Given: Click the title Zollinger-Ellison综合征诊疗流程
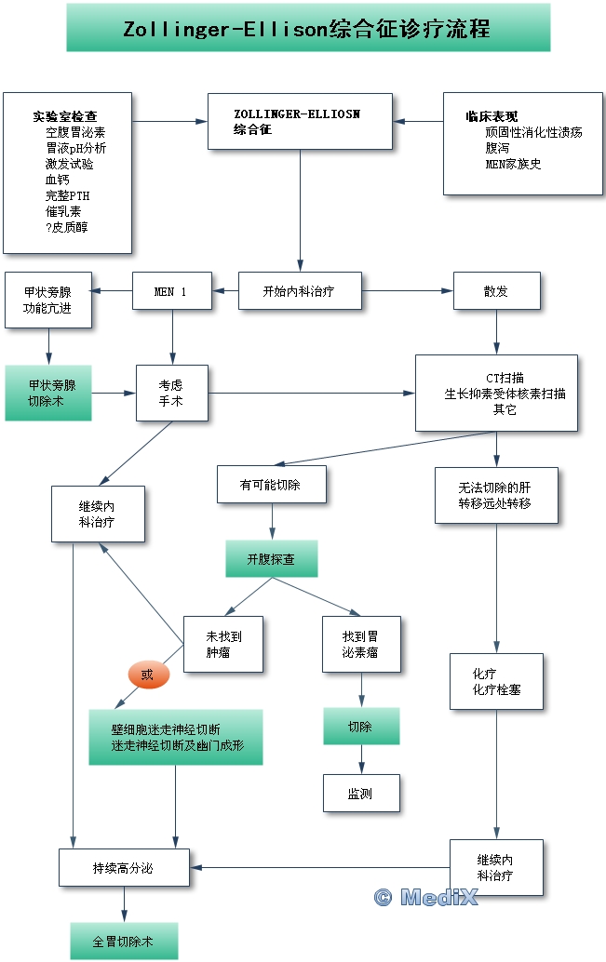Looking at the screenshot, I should (x=307, y=29).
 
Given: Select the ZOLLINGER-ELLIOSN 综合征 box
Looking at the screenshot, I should (x=300, y=121).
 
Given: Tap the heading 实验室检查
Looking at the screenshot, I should (x=64, y=116).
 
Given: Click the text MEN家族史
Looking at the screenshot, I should (x=513, y=164).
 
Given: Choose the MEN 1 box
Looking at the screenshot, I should (x=171, y=291).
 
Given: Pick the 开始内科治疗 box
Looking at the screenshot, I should (x=299, y=291).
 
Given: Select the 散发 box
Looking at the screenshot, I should (x=495, y=291).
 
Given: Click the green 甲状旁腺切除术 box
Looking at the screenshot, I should (x=48, y=393).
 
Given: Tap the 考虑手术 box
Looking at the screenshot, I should (x=171, y=393).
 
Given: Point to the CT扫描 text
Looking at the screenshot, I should (x=505, y=378).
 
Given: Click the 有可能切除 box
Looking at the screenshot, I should (x=271, y=485).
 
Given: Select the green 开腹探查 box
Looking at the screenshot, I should (x=271, y=558).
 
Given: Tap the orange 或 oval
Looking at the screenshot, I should (x=147, y=675).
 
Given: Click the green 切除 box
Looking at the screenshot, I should (x=361, y=727).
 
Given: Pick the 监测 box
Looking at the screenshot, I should (x=361, y=794).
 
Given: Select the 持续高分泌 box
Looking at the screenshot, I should (x=124, y=868).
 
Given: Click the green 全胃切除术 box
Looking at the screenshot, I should (x=124, y=941).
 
